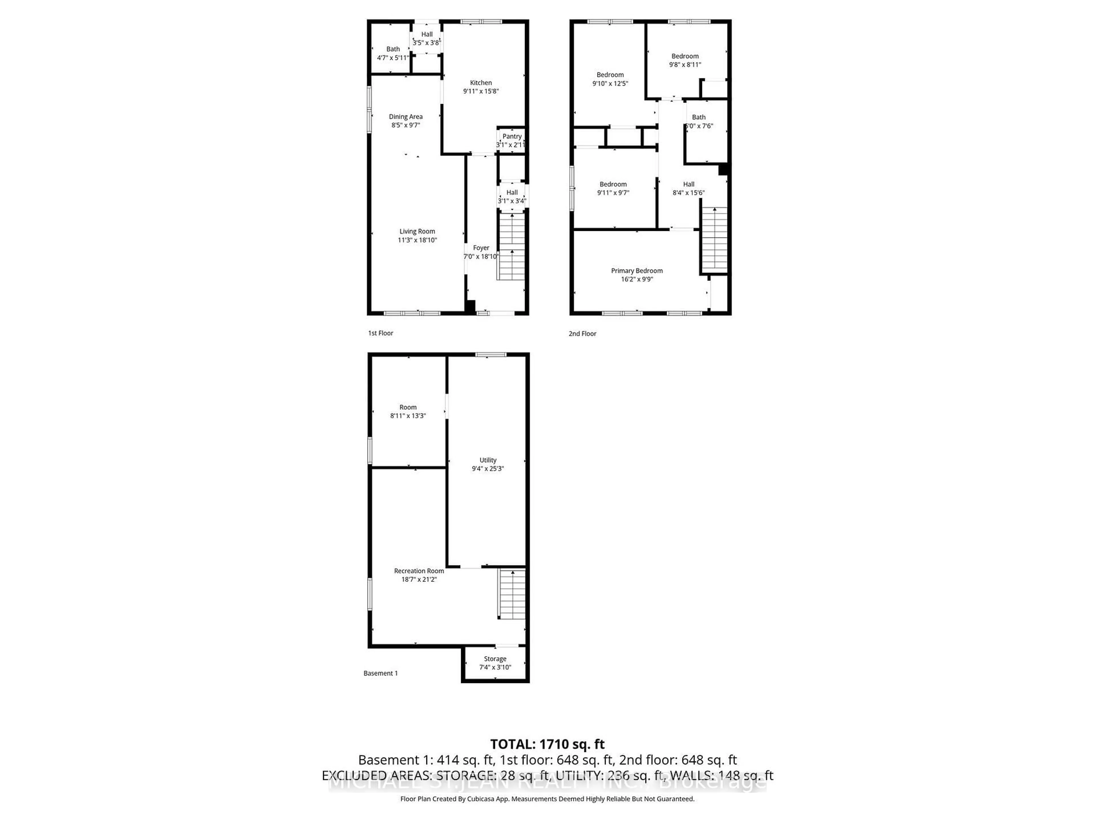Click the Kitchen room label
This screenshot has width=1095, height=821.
tap(481, 83)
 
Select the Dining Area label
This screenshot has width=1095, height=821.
tap(405, 117)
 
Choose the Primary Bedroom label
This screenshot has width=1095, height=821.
tap(636, 271)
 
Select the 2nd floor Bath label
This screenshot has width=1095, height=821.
tap(698, 117)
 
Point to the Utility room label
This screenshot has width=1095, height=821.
tap(488, 460)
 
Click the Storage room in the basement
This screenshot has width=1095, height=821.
tap(495, 663)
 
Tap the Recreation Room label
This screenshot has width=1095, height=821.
tap(419, 571)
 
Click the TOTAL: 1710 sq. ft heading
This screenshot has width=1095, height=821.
tap(547, 744)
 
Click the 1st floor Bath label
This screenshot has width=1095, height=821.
tap(393, 49)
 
